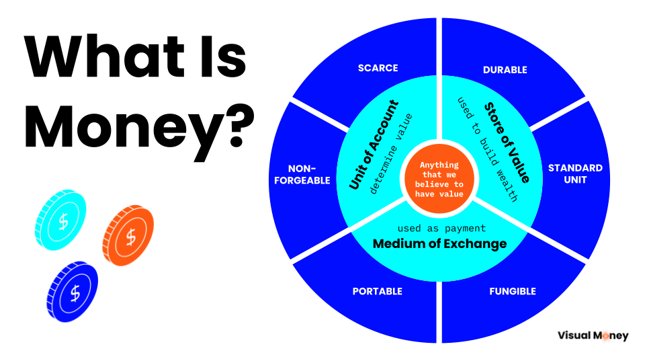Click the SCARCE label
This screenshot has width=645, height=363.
tap(378, 68)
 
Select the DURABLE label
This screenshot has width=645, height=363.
tap(505, 70)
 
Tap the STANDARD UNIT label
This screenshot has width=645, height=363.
tap(575, 173)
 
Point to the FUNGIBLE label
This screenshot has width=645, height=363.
tap(513, 291)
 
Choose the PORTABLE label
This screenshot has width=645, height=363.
tap(377, 291)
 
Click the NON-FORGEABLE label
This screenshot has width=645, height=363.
tap(302, 175)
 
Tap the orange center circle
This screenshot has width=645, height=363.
tap(439, 179)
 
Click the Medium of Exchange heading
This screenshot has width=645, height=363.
tap(439, 243)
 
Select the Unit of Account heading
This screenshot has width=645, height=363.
tap(374, 145)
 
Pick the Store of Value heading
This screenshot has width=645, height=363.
tap(507, 143)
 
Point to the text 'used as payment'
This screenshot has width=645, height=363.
tap(441, 228)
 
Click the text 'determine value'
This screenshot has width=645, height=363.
tap(391, 153)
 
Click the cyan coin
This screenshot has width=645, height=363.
tap(60, 220)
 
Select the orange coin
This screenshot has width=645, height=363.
tap(128, 235)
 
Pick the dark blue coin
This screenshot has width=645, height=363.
tap(73, 291)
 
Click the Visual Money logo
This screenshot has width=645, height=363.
tap(593, 336)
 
